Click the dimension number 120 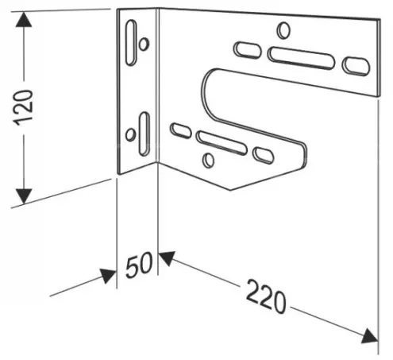point(24,107)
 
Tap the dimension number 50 point(139,265)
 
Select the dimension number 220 point(266,296)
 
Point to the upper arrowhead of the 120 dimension point(24,19)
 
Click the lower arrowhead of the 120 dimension point(24,196)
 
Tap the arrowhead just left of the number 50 point(109,275)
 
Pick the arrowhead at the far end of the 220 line point(370,337)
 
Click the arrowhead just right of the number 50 point(168,257)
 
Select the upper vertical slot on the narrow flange point(131,42)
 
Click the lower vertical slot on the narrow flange point(144,134)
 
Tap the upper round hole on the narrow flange point(144,44)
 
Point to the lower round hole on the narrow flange point(130,134)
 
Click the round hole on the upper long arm point(283,30)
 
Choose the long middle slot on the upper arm point(301,58)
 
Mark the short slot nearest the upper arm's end point(356,66)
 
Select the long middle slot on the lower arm point(222,143)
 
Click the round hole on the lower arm point(208,161)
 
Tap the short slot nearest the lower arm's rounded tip point(263,156)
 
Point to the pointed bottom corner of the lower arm point(229,190)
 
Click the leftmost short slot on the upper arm point(248,50)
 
